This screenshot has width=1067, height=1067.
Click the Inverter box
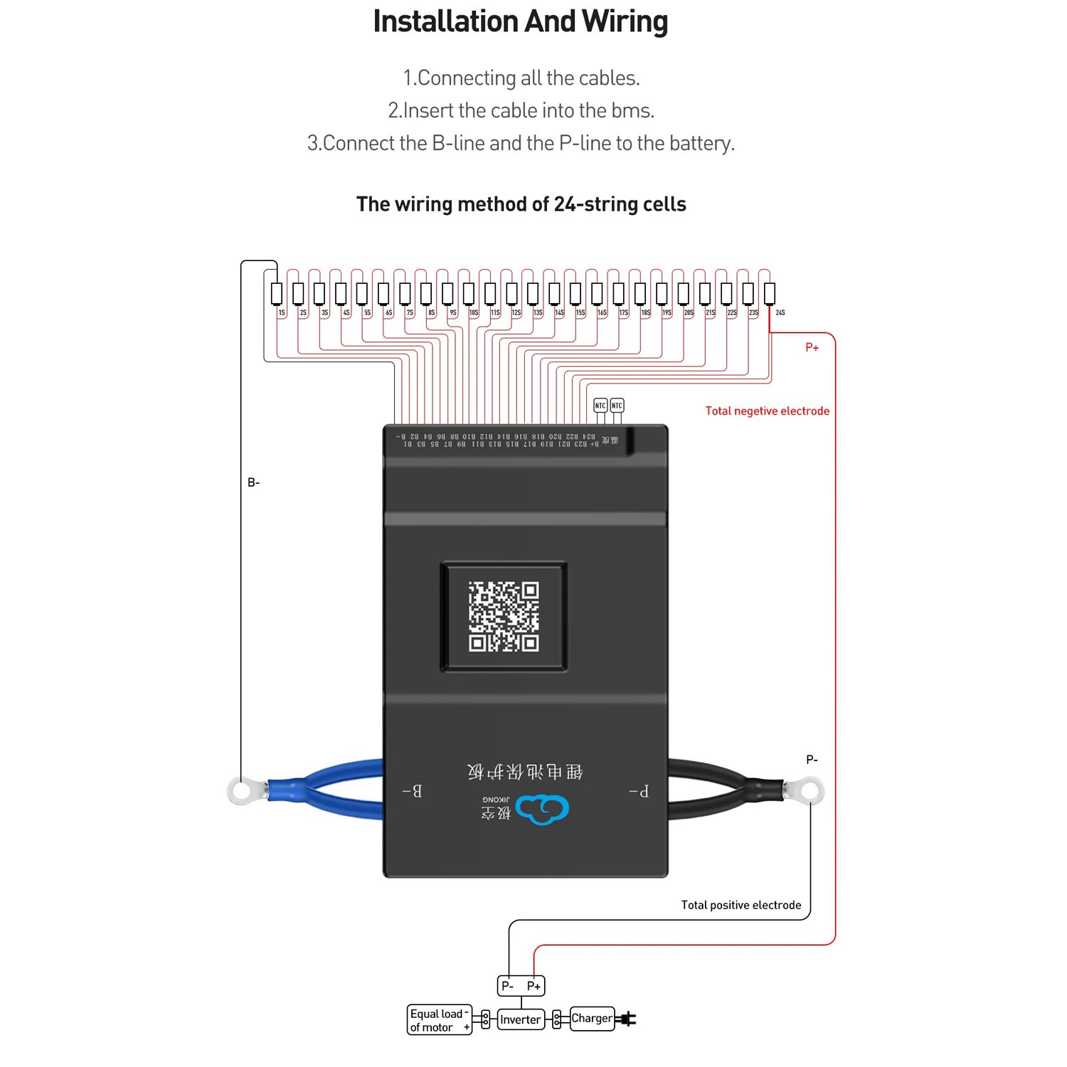tap(520, 1019)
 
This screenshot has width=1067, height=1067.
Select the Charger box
tap(592, 1018)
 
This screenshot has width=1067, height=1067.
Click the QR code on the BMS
tap(504, 616)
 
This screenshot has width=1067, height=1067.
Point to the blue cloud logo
tap(542, 809)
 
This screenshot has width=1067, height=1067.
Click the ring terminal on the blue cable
tap(244, 790)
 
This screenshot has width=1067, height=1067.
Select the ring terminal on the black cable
tap(809, 790)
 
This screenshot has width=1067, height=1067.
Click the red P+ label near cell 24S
tap(812, 347)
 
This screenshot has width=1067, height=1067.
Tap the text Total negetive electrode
tap(767, 410)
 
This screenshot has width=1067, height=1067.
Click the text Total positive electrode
tap(740, 905)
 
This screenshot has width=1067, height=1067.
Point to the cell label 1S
tap(282, 312)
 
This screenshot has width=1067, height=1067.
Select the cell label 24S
tap(780, 312)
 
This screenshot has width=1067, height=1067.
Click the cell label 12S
tap(516, 312)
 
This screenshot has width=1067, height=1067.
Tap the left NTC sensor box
tap(600, 405)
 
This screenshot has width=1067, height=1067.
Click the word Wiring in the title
tap(625, 21)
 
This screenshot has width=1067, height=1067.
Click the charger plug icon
tap(627, 1019)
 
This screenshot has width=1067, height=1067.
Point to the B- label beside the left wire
tap(254, 482)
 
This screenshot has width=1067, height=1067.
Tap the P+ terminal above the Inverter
tap(533, 985)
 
